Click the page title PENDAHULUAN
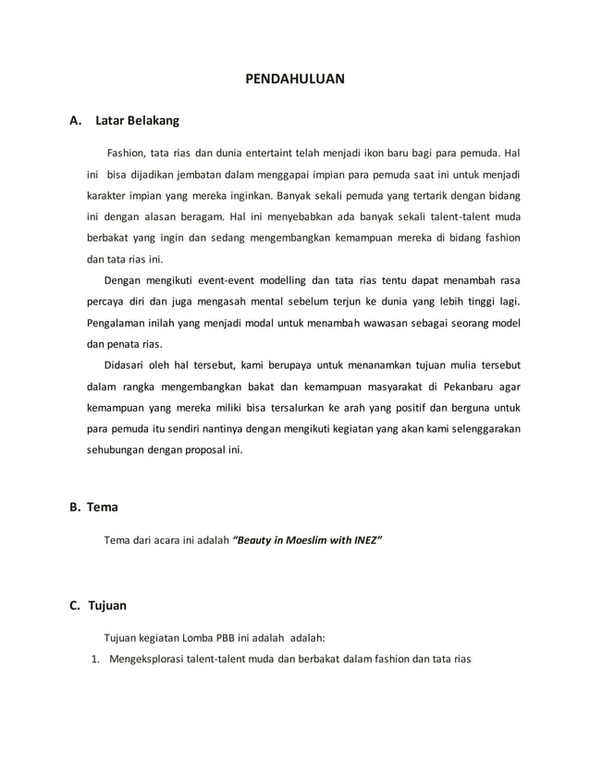(294, 80)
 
